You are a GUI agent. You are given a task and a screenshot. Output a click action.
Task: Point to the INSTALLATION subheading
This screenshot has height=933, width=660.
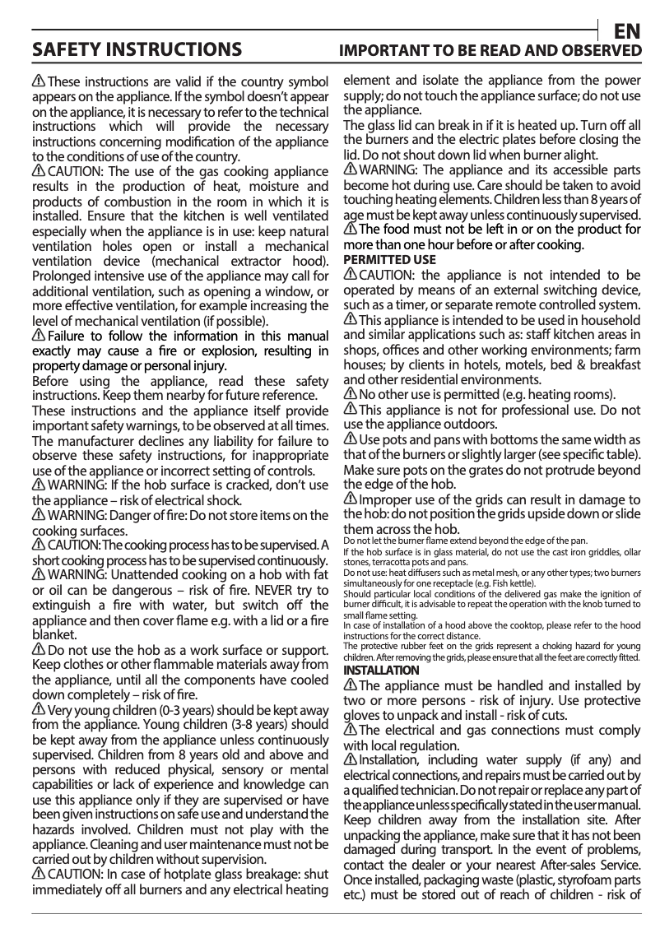point(381,671)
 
